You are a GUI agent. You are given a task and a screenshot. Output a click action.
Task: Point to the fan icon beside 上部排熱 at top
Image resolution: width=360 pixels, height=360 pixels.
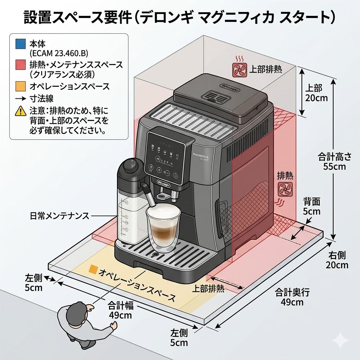coord(239,69)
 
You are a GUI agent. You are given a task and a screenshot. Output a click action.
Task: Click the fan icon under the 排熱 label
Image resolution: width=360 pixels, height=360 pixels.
coord(284,189)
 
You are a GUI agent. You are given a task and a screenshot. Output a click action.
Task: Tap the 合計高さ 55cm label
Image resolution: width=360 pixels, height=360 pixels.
coord(334,161)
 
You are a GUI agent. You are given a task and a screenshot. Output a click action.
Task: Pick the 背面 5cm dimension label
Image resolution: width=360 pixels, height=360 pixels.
coord(312,206)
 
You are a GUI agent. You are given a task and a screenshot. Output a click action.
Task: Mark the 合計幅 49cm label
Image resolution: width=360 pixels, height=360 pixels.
coord(120,310)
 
